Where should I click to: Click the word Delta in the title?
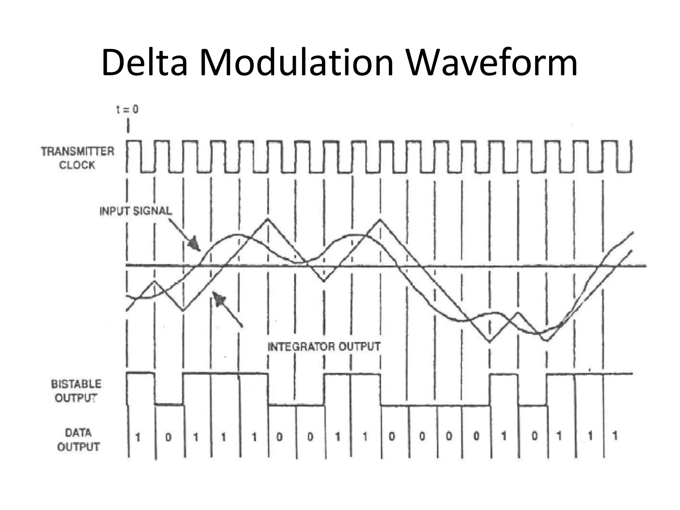145,63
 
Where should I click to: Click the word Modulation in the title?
297,63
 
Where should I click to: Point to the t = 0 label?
127,109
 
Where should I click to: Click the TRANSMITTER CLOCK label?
77,158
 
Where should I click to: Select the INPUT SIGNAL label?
136,211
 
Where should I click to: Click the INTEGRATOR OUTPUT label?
324,347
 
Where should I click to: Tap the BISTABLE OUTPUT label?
76,391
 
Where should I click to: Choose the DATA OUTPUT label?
78,440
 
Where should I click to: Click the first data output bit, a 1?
138,437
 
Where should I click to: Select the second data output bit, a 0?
168,437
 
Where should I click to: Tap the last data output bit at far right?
615,436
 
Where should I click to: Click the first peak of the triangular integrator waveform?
155,282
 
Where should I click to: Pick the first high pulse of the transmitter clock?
134,141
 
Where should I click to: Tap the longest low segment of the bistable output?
435,405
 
